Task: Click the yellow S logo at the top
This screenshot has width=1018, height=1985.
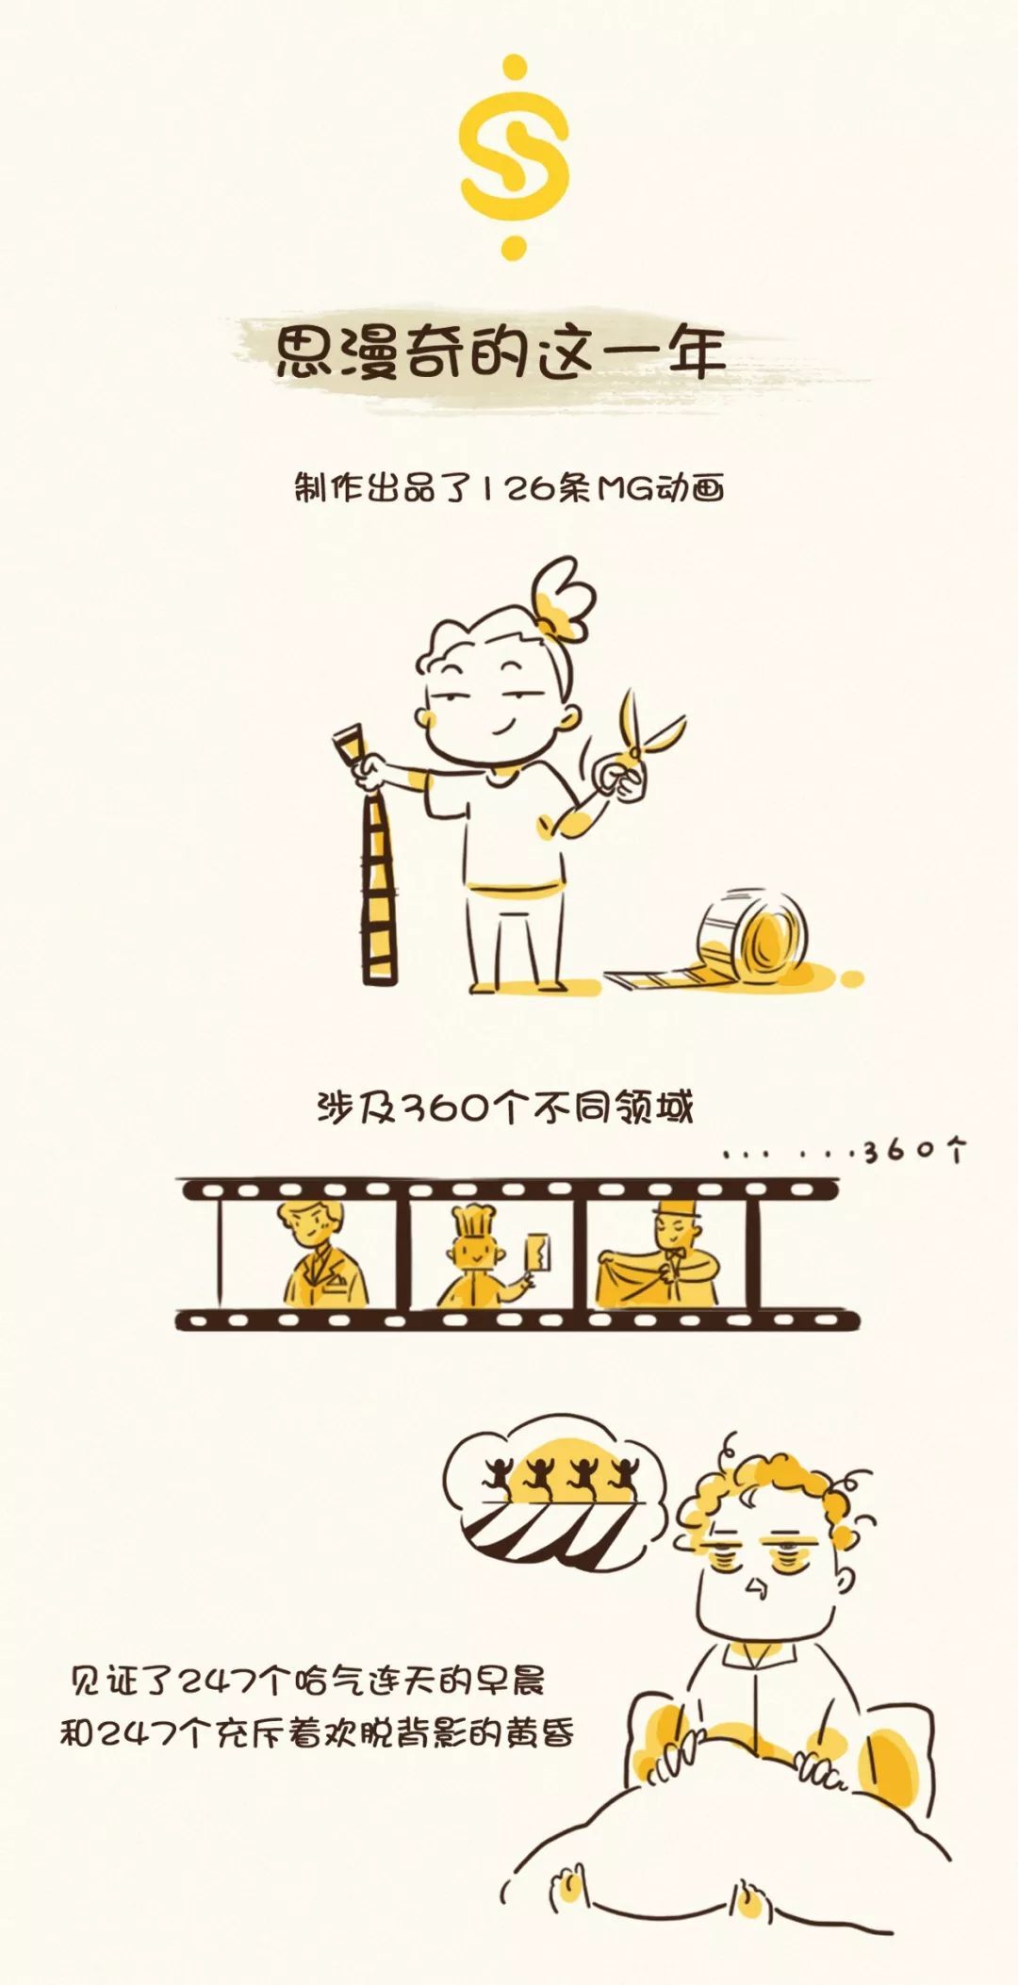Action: (x=514, y=158)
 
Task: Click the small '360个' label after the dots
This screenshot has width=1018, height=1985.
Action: (x=914, y=1150)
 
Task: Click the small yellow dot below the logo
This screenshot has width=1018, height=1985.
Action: (x=514, y=249)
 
